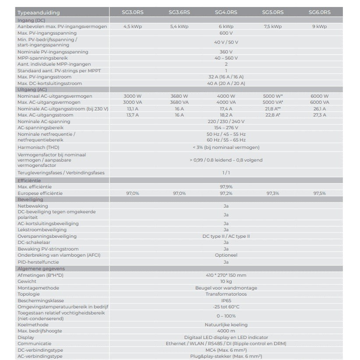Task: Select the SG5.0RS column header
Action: pos(272,13)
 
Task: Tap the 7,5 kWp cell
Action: pos(272,27)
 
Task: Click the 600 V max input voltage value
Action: pos(226,33)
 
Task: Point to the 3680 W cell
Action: pos(179,96)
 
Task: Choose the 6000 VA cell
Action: pos(319,102)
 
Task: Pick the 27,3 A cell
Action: pos(319,115)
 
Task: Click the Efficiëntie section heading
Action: pos(29,180)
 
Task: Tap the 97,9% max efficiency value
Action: pos(226,187)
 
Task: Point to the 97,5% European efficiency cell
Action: pos(319,193)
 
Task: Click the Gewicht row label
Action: pos(27,281)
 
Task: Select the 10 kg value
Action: pos(226,281)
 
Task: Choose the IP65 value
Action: pos(226,300)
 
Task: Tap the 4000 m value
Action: pos(226,331)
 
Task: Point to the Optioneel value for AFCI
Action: pos(226,255)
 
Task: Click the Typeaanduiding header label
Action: pos(39,13)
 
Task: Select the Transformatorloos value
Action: pos(226,294)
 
